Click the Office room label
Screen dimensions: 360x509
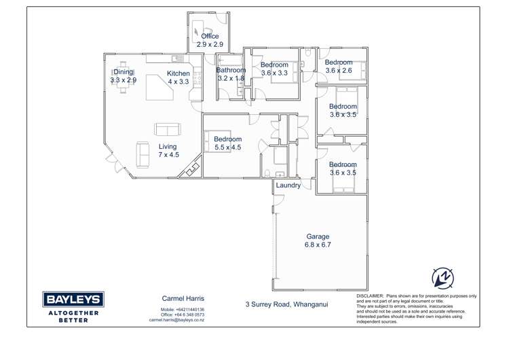point(210,40)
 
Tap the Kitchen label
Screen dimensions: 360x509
point(178,77)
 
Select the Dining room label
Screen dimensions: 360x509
point(124,75)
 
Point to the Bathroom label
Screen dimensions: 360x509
point(231,74)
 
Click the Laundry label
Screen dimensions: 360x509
point(288,185)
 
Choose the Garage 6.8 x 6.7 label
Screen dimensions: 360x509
point(318,240)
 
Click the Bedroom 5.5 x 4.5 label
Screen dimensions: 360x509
point(228,143)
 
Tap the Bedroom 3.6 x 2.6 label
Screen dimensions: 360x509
point(339,66)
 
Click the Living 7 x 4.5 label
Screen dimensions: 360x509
point(168,151)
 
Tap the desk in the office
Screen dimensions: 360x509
point(197,30)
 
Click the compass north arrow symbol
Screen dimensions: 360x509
point(442,278)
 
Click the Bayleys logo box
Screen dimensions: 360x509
point(73,300)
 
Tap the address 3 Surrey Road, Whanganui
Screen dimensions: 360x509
point(286,304)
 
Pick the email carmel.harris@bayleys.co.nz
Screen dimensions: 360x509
point(177,320)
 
